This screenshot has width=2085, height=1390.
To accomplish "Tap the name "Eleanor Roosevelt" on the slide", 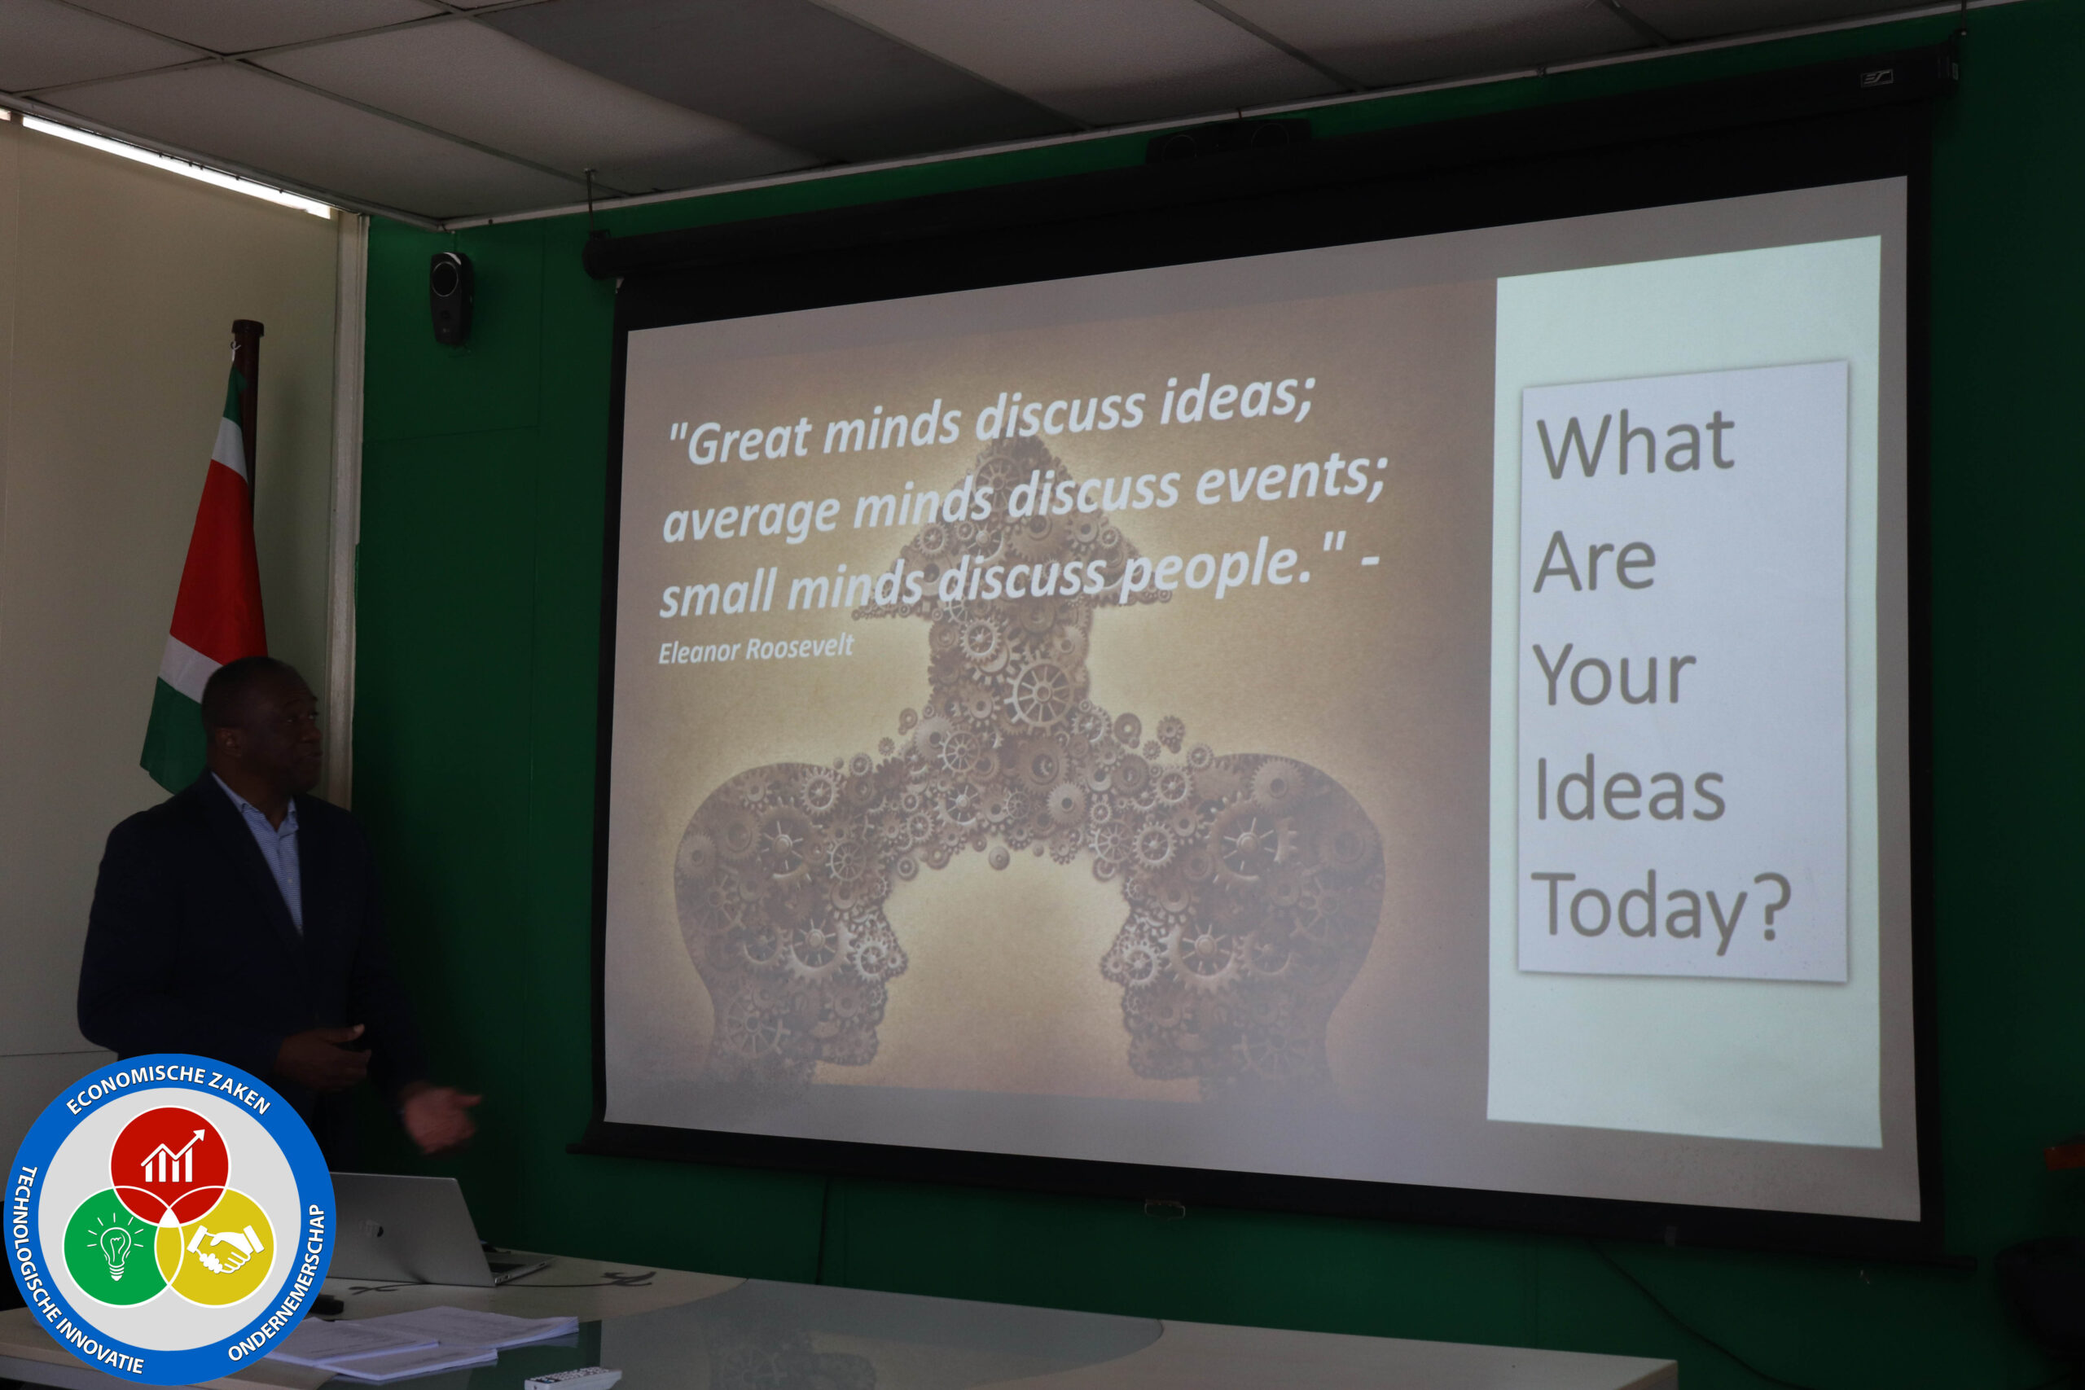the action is tap(755, 649).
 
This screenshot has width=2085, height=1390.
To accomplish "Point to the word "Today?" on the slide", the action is tap(1661, 908).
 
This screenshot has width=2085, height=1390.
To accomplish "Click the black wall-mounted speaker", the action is tap(451, 298).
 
